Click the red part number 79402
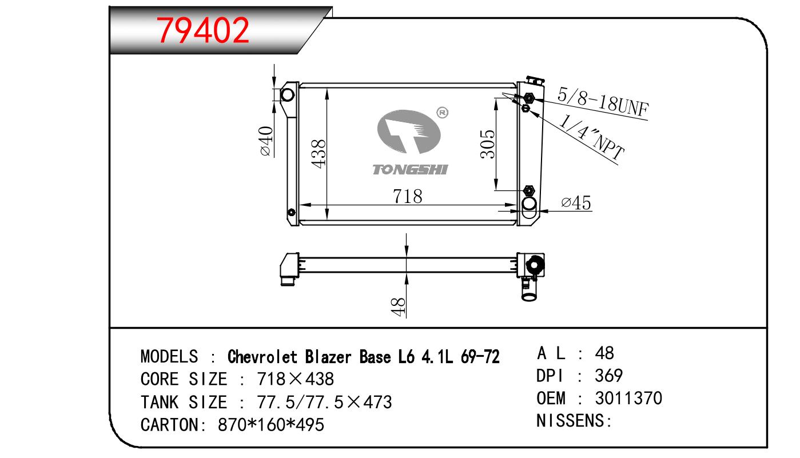point(203,31)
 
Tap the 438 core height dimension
point(319,153)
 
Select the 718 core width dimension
point(407,196)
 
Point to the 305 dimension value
point(488,144)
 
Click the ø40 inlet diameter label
point(266,141)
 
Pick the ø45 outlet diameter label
point(576,203)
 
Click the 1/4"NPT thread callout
point(591,137)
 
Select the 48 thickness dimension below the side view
point(398,307)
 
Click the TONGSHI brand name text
point(410,170)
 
